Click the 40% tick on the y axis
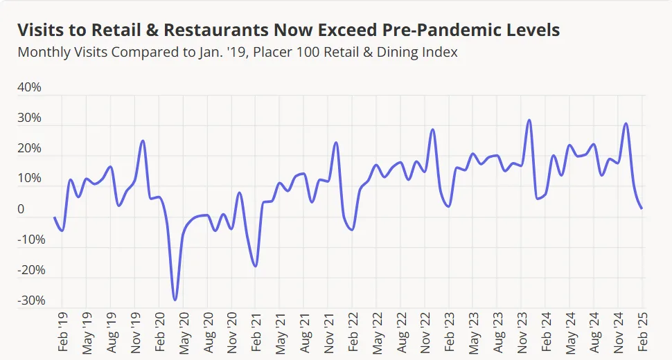[30, 88]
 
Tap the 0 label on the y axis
[21, 209]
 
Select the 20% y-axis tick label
[30, 149]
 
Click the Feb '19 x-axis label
[62, 333]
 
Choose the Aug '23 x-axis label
[497, 333]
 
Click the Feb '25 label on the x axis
[642, 333]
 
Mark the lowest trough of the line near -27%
[175, 300]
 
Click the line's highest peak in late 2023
[529, 120]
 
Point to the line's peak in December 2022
[433, 129]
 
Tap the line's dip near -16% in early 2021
[256, 266]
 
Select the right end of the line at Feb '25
[642, 208]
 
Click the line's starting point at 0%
[55, 217]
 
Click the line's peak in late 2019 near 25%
[143, 141]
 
